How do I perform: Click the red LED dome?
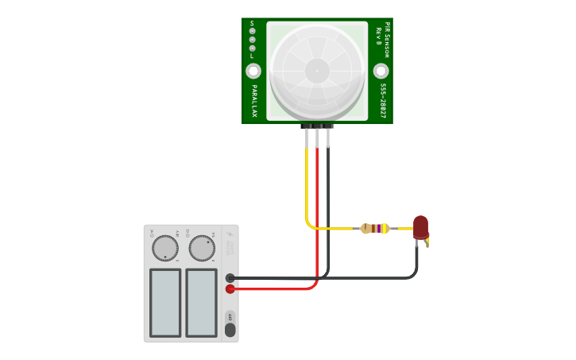point(420,226)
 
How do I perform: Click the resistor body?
point(374,229)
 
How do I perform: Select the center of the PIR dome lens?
point(317,71)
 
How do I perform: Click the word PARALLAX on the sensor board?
point(254,101)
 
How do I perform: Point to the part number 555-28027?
point(382,101)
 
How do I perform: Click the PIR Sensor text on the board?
point(387,40)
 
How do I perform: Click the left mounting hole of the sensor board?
point(253,72)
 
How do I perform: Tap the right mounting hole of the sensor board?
point(381,72)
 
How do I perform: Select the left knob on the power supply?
point(165,248)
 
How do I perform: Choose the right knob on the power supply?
point(202,248)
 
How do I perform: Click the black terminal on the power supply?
point(230,278)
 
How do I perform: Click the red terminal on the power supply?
point(230,289)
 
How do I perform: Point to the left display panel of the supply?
point(165,302)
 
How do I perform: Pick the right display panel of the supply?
point(201,302)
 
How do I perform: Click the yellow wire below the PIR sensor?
point(307,183)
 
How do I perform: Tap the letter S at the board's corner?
point(252,23)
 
